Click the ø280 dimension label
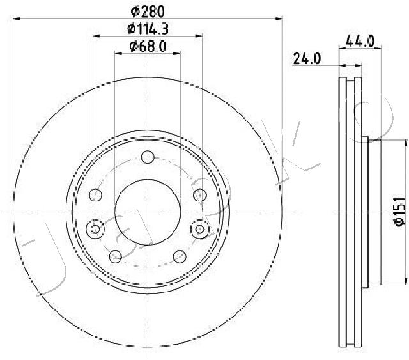pyautogui.click(x=148, y=12)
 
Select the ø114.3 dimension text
pyautogui.click(x=148, y=29)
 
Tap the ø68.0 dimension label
pyautogui.click(x=148, y=47)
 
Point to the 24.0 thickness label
pyautogui.click(x=307, y=58)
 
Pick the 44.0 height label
pyautogui.click(x=360, y=42)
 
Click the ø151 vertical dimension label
pyautogui.click(x=399, y=212)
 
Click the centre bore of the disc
pyautogui.click(x=148, y=212)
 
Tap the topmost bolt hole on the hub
pyautogui.click(x=148, y=157)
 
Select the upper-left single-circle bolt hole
pyautogui.click(x=95, y=195)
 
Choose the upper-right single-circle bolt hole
pyautogui.click(x=200, y=195)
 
